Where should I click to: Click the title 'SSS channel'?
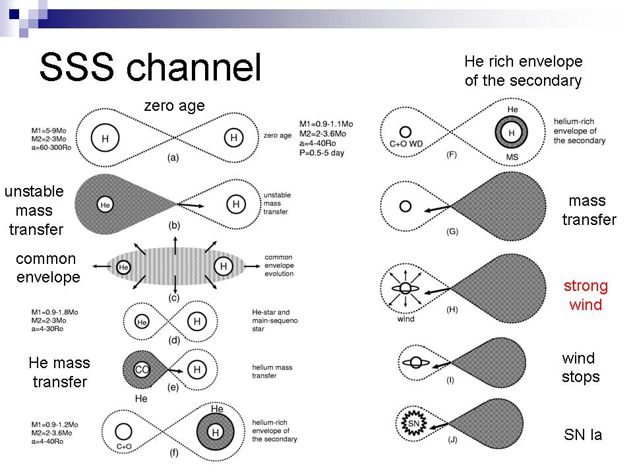tap(150, 67)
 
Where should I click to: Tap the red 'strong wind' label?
tap(586, 296)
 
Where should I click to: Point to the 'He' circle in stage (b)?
tap(104, 205)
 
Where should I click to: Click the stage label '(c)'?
tap(175, 298)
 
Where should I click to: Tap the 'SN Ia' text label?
tap(583, 435)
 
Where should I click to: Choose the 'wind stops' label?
tap(581, 367)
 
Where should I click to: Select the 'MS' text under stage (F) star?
tap(512, 157)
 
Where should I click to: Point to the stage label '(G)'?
tap(452, 232)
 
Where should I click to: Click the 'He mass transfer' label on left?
tap(59, 372)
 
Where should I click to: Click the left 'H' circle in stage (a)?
tap(105, 139)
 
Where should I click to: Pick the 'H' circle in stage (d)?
tap(196, 321)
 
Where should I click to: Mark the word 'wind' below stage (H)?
tap(406, 319)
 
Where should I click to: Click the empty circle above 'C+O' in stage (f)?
tap(122, 431)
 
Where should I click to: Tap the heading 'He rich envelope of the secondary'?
tap(524, 71)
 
